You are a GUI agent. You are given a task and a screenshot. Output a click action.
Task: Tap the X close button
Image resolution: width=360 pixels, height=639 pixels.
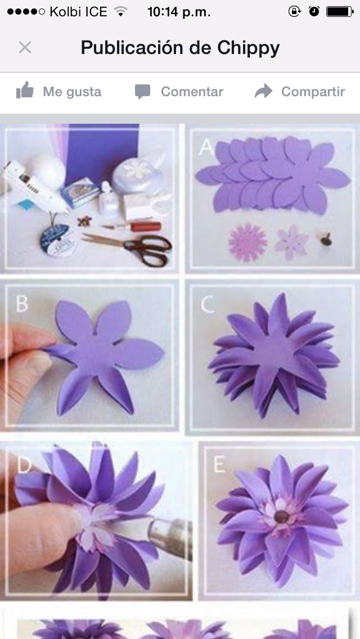pos(25,48)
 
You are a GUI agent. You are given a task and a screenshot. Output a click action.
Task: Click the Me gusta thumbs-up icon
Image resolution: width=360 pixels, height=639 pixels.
pos(25,90)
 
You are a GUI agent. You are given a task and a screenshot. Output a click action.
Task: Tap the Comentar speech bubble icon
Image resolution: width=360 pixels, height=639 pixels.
pos(143,92)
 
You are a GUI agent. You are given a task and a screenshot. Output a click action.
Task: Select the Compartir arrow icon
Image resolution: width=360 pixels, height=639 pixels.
pos(263,91)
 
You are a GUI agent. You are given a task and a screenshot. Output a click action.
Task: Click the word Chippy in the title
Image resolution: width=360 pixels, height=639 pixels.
pos(248,48)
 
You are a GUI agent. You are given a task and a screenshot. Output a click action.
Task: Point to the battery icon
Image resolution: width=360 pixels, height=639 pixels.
pos(340,11)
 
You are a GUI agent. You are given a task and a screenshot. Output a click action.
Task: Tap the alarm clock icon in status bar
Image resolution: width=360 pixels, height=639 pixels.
pos(314,11)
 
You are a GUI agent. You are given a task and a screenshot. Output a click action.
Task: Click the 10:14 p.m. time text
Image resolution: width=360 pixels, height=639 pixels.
pos(179,12)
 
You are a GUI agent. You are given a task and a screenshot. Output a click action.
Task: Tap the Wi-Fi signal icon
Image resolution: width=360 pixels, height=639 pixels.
pos(120,11)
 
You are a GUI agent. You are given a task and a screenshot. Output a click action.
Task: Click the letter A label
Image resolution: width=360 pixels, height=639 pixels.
pos(206,147)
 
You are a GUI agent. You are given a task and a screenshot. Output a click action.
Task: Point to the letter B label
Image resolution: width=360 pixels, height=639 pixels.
pos(22,303)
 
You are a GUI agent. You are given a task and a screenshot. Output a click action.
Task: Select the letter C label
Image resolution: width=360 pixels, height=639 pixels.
pos(208,304)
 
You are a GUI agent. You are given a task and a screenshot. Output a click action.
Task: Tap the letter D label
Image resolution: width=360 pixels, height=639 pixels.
pos(24,465)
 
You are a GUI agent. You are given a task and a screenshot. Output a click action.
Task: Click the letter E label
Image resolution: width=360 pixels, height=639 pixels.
pos(219,464)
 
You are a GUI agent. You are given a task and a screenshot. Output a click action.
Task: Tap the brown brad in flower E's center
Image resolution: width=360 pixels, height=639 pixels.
pos(280,517)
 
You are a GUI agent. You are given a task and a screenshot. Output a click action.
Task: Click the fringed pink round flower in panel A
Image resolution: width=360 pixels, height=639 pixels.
pos(248,242)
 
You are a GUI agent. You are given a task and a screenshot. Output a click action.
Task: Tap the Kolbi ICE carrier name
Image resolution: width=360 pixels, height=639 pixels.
pos(78,12)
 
